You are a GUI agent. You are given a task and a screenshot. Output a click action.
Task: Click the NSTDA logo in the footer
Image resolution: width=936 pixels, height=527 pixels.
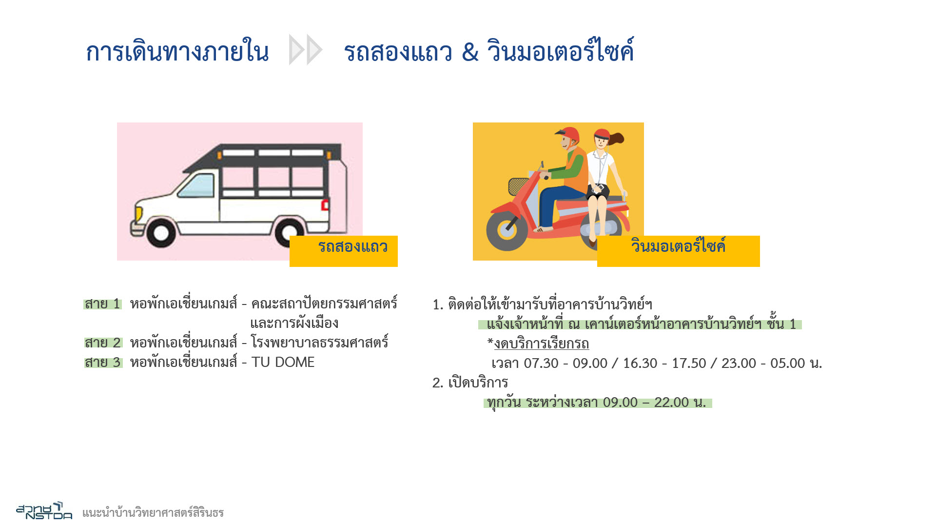[44, 510]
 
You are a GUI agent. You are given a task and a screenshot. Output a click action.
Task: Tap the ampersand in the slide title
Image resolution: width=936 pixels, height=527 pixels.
[470, 52]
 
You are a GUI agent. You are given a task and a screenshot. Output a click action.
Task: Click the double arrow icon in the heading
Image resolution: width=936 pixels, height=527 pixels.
[306, 50]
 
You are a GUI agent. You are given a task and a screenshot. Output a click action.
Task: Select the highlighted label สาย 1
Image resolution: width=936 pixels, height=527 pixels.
[102, 304]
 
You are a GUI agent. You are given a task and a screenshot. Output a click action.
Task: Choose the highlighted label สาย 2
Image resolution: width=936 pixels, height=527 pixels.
[103, 343]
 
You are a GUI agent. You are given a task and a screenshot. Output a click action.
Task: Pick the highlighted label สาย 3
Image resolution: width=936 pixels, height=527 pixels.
[103, 363]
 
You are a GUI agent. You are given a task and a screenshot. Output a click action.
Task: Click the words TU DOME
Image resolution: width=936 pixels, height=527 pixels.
[283, 363]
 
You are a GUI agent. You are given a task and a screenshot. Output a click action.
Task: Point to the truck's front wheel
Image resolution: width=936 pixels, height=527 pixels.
[161, 233]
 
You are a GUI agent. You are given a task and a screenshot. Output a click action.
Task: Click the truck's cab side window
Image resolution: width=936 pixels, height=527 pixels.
[197, 185]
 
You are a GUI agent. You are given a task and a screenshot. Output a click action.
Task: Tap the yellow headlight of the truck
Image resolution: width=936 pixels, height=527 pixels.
[139, 214]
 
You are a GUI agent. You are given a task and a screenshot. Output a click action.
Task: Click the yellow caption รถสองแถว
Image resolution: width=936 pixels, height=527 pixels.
[344, 251]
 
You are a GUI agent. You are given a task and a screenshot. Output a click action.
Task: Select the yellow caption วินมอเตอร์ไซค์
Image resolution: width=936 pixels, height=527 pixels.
[679, 251]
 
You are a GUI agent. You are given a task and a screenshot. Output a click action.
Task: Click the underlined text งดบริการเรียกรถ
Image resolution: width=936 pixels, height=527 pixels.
[542, 344]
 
